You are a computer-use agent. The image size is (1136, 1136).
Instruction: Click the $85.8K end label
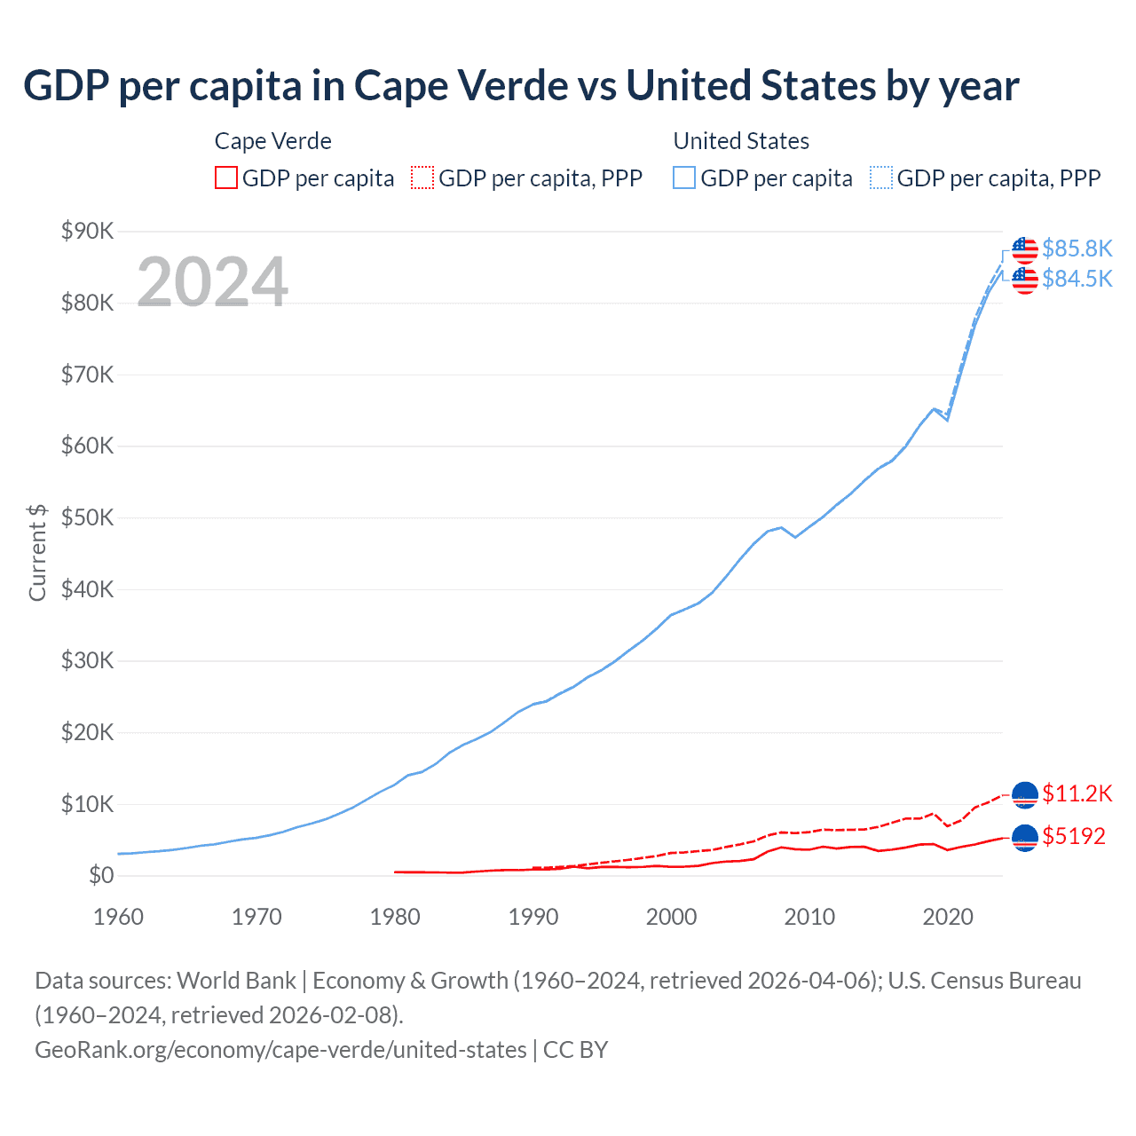pyautogui.click(x=1077, y=248)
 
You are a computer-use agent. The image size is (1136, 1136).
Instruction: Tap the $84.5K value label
pyautogui.click(x=1077, y=279)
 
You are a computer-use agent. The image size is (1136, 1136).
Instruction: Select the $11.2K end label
pyautogui.click(x=1077, y=793)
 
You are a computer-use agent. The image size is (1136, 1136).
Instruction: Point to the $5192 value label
pyautogui.click(x=1074, y=836)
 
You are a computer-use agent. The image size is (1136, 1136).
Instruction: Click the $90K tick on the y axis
pyautogui.click(x=87, y=232)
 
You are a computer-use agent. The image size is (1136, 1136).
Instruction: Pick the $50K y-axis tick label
pyautogui.click(x=87, y=518)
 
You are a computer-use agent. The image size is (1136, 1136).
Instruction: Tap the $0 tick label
pyautogui.click(x=101, y=876)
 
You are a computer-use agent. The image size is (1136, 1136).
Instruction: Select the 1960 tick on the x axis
pyautogui.click(x=118, y=917)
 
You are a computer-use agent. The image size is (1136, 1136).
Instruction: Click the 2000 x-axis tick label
pyautogui.click(x=671, y=917)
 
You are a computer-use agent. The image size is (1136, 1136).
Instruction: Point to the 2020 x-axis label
pyautogui.click(x=948, y=917)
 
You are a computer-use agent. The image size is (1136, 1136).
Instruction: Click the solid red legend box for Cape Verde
pyautogui.click(x=226, y=178)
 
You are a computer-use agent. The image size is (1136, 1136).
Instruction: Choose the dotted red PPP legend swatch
pyautogui.click(x=422, y=178)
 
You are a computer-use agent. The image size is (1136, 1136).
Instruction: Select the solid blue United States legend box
pyautogui.click(x=684, y=178)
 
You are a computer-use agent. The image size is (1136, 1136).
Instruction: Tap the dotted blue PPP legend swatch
pyautogui.click(x=881, y=178)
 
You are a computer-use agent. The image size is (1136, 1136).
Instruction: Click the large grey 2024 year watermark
pyautogui.click(x=212, y=282)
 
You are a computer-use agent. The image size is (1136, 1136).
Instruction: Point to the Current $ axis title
pyautogui.click(x=37, y=553)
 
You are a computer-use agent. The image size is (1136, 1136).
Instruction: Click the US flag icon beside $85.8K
pyautogui.click(x=1025, y=250)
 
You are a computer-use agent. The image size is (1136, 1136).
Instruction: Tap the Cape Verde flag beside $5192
pyautogui.click(x=1025, y=837)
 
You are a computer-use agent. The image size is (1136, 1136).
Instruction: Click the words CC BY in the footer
pyautogui.click(x=575, y=1050)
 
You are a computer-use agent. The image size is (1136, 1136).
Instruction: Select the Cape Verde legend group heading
pyautogui.click(x=273, y=141)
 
